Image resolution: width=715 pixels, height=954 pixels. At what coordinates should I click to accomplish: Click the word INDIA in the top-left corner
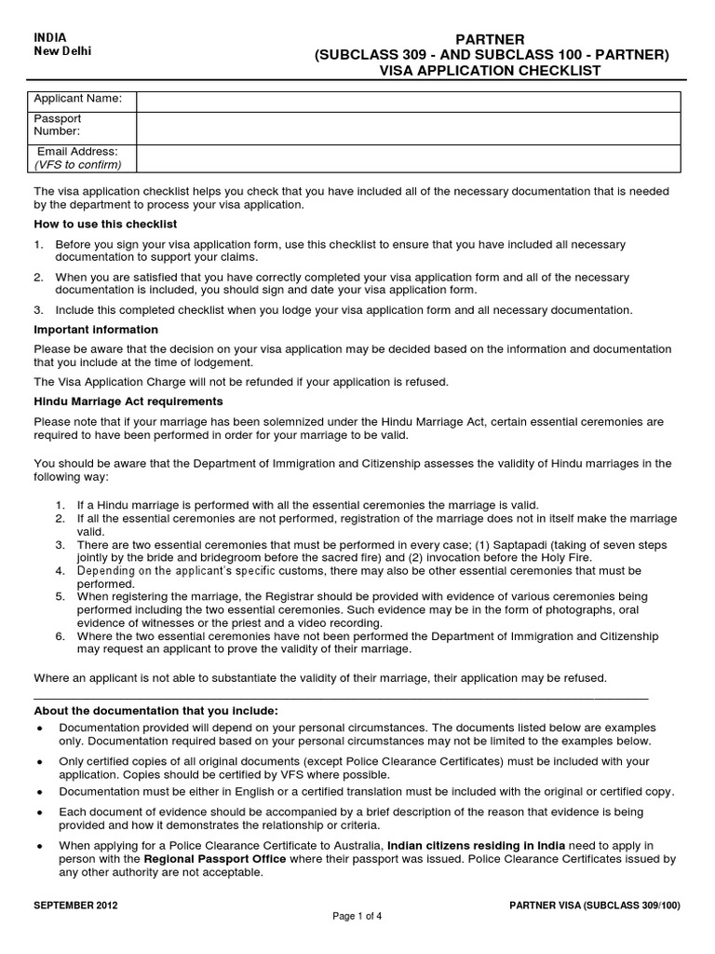[x=50, y=37]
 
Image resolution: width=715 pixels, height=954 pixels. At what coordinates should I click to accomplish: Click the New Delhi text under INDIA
[x=62, y=51]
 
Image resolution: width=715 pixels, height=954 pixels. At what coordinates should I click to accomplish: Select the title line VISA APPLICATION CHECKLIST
[x=490, y=71]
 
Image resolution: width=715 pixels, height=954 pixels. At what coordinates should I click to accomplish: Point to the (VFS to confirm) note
[x=78, y=165]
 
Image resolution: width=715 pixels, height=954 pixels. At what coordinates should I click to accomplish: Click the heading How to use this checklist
[x=105, y=225]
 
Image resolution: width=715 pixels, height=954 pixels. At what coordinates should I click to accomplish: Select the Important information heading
[x=96, y=330]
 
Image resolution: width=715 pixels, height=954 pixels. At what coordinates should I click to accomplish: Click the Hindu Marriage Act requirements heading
[x=128, y=402]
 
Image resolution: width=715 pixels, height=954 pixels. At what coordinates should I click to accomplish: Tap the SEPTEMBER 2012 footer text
[x=76, y=905]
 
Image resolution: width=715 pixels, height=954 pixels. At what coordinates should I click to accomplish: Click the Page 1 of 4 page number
[x=357, y=917]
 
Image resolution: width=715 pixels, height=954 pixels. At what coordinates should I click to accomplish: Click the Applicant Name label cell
[x=78, y=99]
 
